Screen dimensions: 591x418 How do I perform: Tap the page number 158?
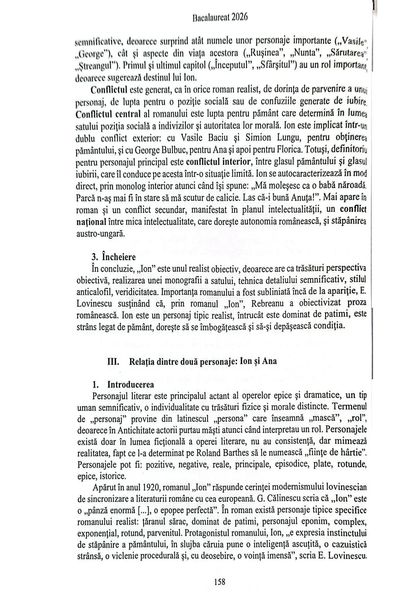(219, 581)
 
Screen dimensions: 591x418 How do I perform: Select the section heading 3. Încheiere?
(113, 256)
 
